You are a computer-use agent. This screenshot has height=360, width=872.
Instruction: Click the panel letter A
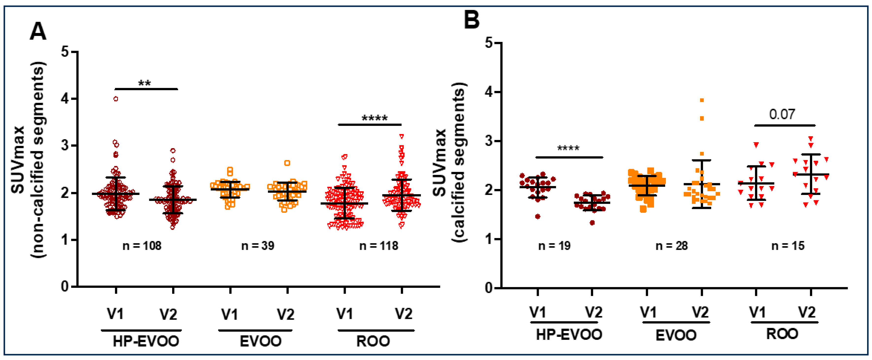tap(38, 32)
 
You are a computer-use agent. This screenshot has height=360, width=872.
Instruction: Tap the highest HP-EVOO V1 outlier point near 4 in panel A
tap(116, 99)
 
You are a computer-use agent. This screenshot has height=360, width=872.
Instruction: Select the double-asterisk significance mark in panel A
tap(145, 83)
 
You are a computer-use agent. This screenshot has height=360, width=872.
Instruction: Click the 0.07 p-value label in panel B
tap(782, 115)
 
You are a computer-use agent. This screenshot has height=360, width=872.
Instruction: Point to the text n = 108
tap(142, 245)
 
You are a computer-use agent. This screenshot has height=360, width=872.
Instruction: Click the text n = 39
tap(258, 245)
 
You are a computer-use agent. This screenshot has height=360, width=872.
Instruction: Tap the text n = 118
tap(378, 245)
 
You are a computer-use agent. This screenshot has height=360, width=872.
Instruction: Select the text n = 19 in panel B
tap(554, 245)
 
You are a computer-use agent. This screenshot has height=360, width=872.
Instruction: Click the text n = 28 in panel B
tap(672, 245)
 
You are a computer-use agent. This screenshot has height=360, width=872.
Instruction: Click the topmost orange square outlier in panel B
tap(702, 100)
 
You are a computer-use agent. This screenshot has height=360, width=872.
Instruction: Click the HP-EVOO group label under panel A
tap(146, 341)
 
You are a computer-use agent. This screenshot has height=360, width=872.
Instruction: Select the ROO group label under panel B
tap(782, 334)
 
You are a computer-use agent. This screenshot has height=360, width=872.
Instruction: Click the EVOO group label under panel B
tap(676, 336)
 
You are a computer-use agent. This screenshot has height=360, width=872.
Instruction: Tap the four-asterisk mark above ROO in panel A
tap(374, 119)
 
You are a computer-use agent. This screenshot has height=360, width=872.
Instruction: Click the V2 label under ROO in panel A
tap(404, 314)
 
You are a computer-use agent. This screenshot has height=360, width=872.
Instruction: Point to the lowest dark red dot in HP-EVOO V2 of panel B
tap(592, 223)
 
